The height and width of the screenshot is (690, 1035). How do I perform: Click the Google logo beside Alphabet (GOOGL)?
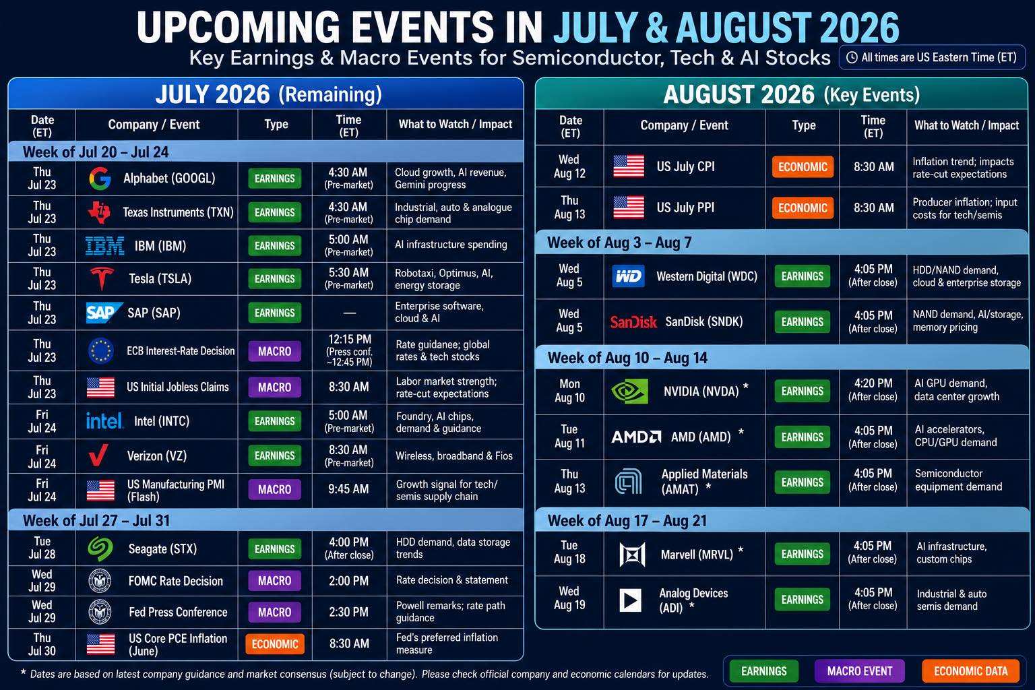[x=100, y=179]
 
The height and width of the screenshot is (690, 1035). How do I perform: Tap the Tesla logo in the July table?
[x=102, y=278]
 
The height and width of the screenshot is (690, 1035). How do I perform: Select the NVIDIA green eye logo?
[x=629, y=391]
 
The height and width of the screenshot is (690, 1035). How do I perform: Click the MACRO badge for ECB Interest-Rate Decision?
[x=274, y=351]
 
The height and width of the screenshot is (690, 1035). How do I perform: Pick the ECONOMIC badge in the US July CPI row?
[x=803, y=167]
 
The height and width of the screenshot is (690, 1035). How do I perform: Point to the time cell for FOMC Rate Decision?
[x=349, y=580]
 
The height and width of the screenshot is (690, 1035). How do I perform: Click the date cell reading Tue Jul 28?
[x=42, y=548]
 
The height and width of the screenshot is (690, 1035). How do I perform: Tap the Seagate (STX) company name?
[x=162, y=549]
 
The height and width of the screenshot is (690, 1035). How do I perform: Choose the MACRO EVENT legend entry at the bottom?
[x=859, y=671]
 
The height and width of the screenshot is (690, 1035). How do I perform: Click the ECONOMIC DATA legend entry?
[x=970, y=671]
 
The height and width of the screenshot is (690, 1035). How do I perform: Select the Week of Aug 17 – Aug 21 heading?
[x=627, y=521]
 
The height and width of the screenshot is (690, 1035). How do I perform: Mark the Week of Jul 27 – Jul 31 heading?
[x=96, y=521]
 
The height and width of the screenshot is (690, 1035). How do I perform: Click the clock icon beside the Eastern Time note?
[x=852, y=57]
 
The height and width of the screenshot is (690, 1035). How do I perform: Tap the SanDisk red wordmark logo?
[x=633, y=321]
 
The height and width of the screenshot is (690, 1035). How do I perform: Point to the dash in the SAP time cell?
[x=350, y=313]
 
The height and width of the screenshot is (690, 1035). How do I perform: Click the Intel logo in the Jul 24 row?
[x=104, y=420]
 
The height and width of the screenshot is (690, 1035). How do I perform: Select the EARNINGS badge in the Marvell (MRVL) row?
[x=802, y=554]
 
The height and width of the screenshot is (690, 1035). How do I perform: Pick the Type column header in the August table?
[x=803, y=125]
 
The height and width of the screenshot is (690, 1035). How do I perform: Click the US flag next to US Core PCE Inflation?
[x=100, y=644]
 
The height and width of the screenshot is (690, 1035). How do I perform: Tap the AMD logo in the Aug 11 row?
[x=636, y=437]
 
